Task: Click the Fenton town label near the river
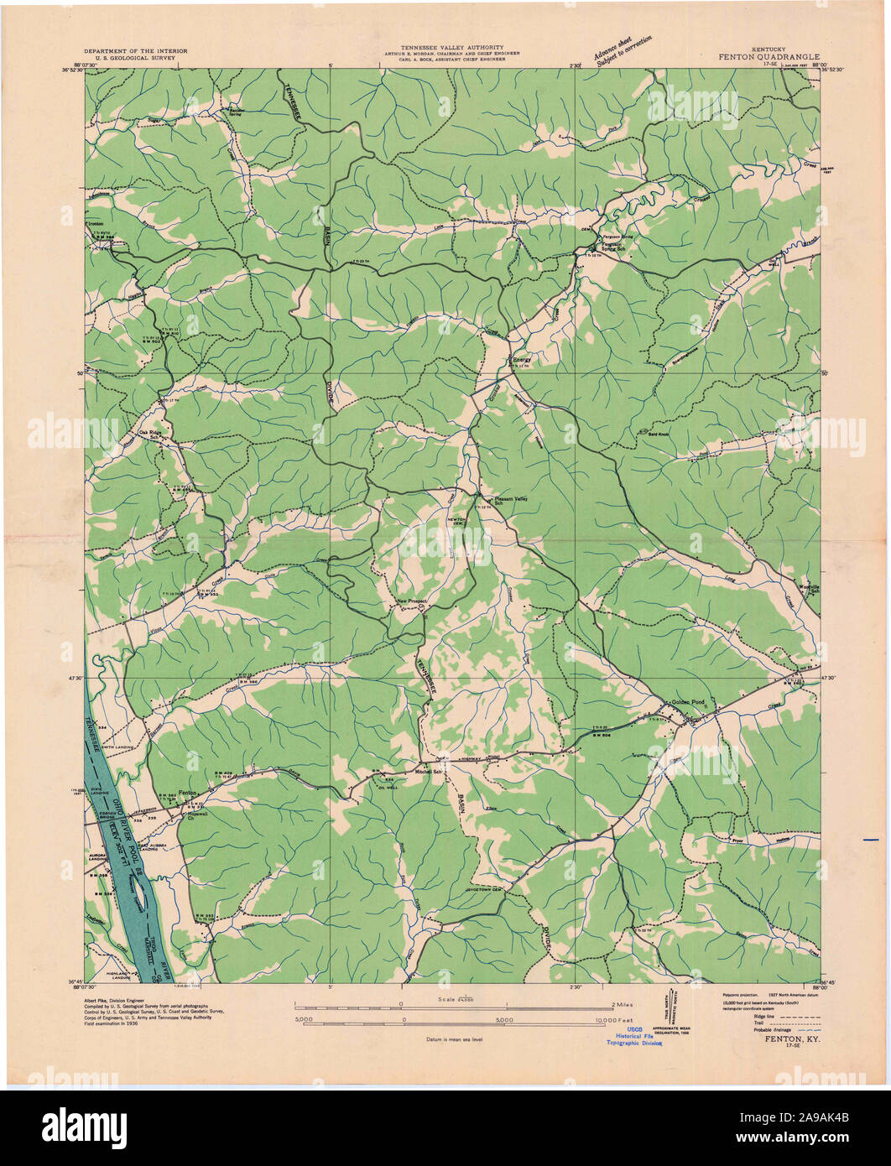point(187,793)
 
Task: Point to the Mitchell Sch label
point(430,771)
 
